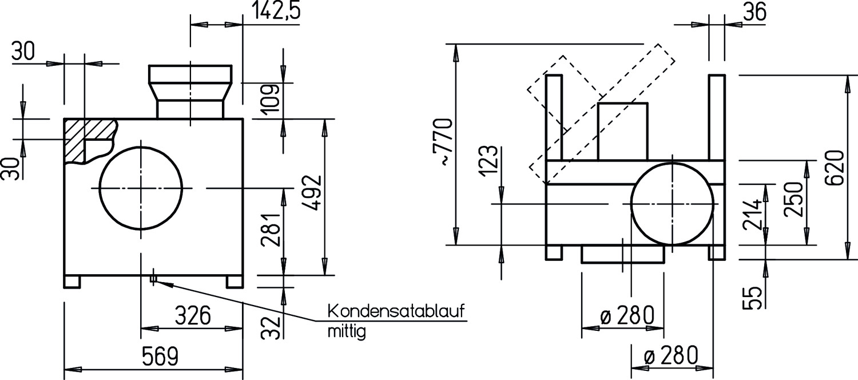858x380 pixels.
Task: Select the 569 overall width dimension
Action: [x=160, y=356]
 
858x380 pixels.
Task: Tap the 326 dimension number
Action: [x=193, y=315]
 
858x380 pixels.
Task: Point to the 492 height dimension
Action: [x=311, y=192]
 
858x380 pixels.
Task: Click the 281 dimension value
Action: [x=271, y=229]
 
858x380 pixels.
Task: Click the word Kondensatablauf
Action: [x=396, y=311]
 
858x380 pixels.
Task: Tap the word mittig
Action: [x=347, y=331]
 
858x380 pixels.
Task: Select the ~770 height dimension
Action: [x=445, y=142]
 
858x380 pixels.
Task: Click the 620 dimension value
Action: [x=835, y=168]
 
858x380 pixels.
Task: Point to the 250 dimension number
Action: [x=793, y=199]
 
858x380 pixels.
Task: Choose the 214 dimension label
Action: [x=752, y=214]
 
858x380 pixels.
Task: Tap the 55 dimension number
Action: [x=752, y=298]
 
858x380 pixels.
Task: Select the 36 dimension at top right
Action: [x=754, y=12]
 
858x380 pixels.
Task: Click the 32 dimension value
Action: [x=271, y=328]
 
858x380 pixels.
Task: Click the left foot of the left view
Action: [x=72, y=282]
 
